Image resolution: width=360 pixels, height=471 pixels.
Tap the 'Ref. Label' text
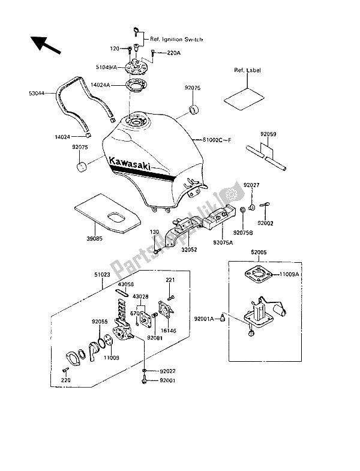(x=247, y=70)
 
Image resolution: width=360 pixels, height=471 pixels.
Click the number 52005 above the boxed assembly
(x=260, y=254)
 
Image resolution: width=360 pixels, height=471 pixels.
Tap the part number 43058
(x=126, y=284)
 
